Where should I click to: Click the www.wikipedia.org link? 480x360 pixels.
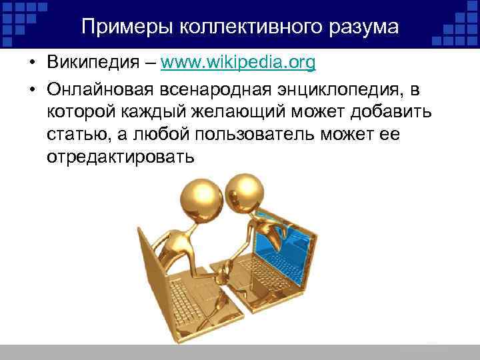click(238, 64)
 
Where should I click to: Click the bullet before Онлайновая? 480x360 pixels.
click(31, 88)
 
